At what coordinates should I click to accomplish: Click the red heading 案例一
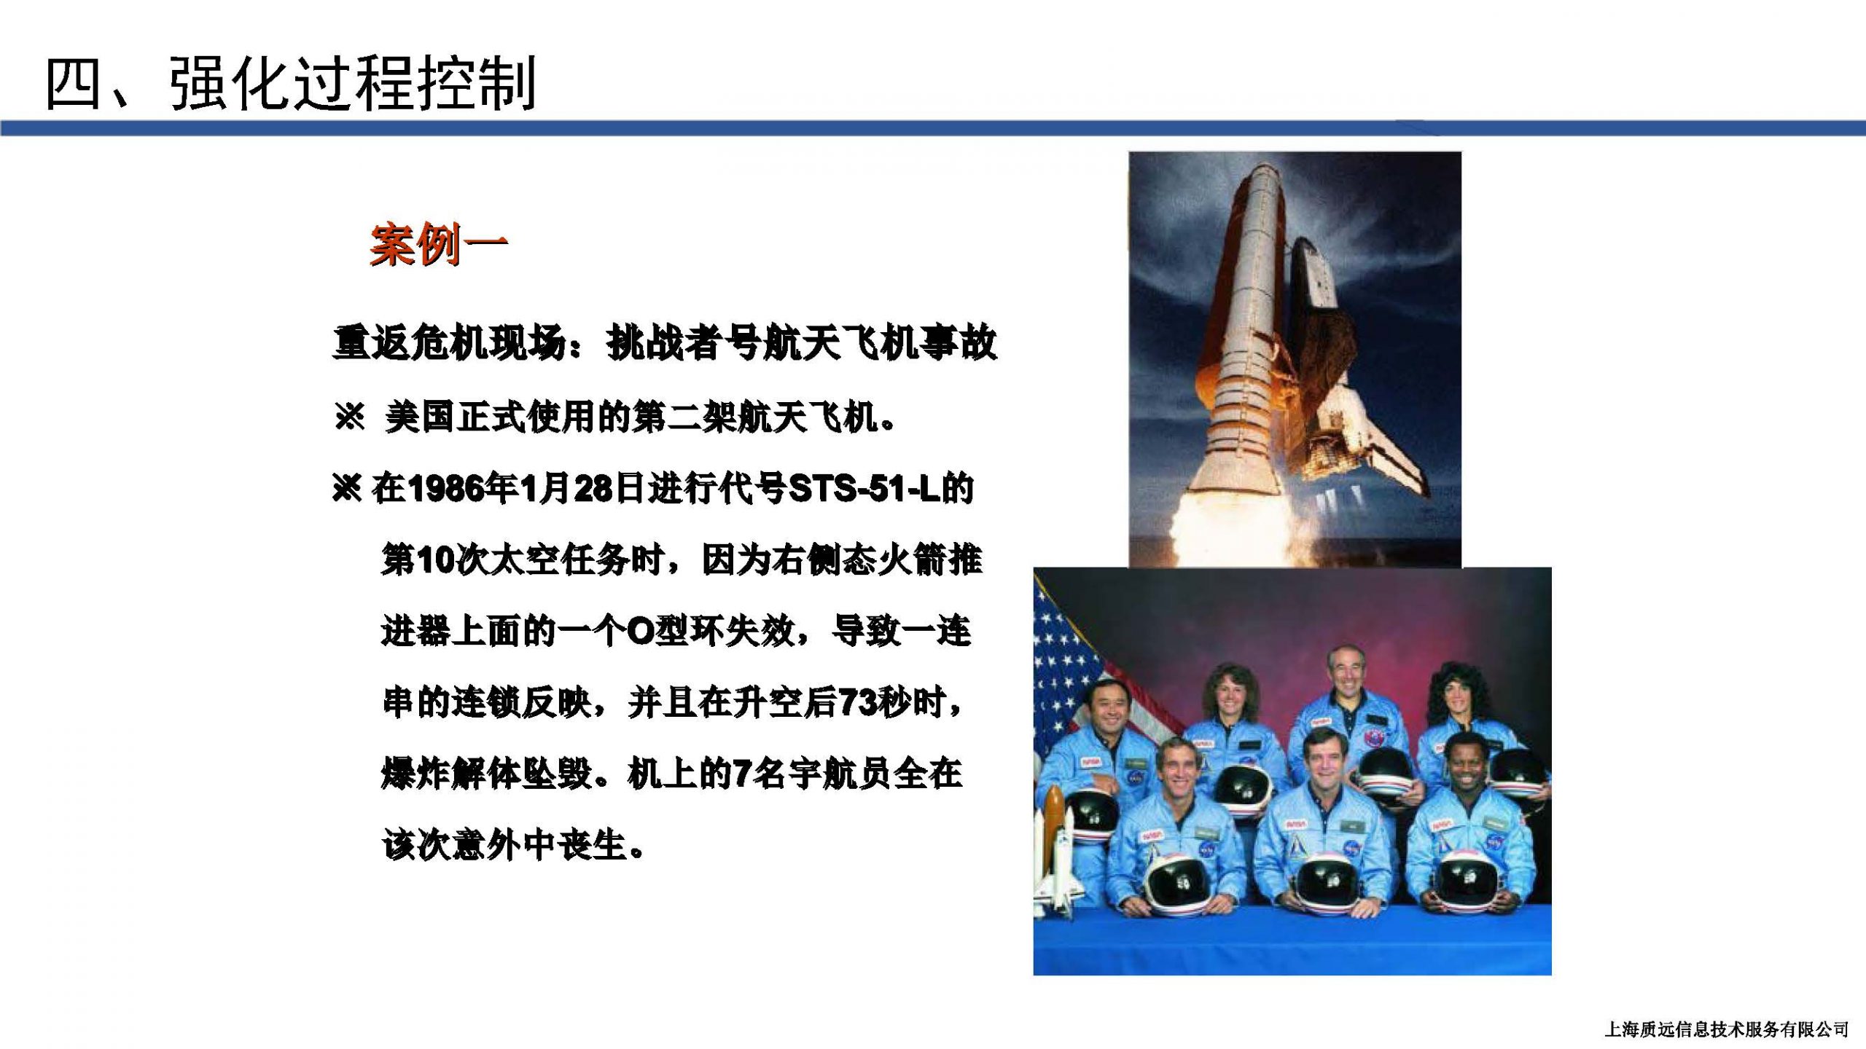(438, 245)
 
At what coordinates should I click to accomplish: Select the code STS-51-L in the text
(865, 489)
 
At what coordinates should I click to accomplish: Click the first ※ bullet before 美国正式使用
(349, 417)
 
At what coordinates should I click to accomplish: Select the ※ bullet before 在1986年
(346, 488)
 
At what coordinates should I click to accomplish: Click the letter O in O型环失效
(640, 632)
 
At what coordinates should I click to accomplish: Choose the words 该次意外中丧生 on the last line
(504, 846)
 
